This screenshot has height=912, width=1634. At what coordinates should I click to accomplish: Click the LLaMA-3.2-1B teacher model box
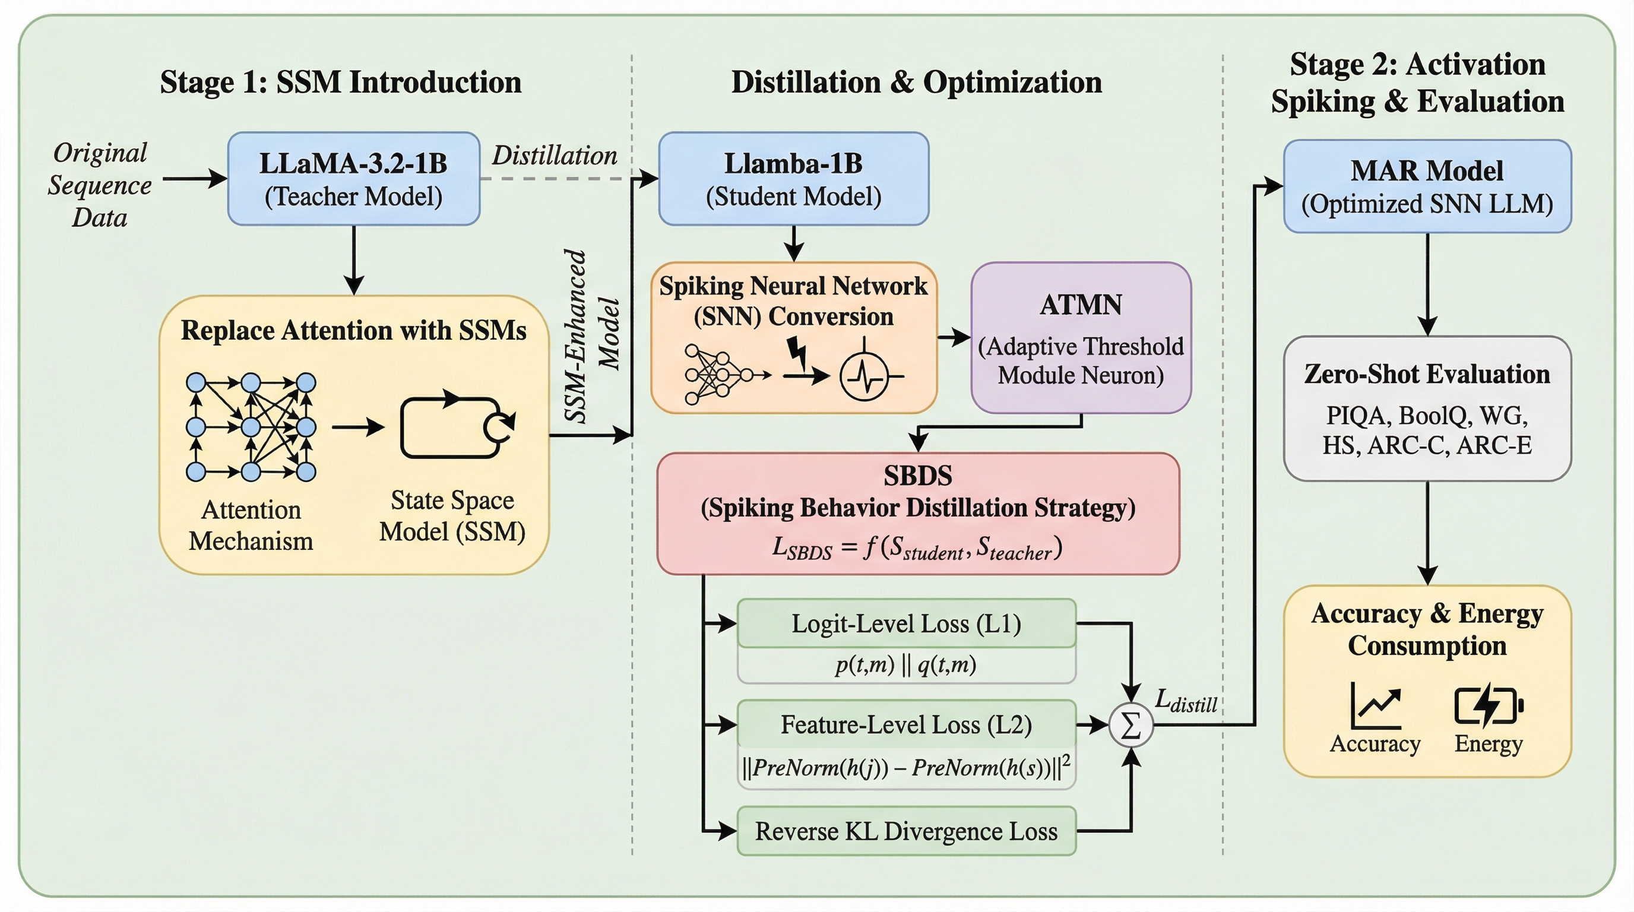[x=353, y=179]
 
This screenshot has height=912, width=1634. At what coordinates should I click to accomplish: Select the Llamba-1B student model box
[x=793, y=179]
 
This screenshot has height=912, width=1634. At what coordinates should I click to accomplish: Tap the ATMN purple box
[x=1081, y=337]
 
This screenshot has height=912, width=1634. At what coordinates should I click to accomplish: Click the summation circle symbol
[x=1130, y=725]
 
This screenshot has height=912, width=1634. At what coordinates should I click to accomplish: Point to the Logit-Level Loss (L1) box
[x=907, y=624]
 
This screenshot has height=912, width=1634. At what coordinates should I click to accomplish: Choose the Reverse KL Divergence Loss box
[x=907, y=831]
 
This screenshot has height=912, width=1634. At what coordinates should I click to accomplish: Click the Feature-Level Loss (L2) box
[x=907, y=725]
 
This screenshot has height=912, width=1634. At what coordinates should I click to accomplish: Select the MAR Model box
[x=1427, y=186]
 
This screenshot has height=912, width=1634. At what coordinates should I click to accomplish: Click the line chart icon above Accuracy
[x=1375, y=705]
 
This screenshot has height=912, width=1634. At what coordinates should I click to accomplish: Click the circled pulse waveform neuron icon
[x=864, y=376]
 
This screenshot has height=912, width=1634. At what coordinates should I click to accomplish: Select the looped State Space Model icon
[x=456, y=427]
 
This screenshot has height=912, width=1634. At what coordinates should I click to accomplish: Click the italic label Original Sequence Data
[x=100, y=185]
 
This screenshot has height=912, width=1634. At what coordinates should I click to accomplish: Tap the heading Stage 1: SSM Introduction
[x=341, y=83]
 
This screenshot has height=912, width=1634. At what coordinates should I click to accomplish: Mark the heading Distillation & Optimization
[x=916, y=83]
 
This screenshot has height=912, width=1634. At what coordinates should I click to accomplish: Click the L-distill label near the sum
[x=1186, y=701]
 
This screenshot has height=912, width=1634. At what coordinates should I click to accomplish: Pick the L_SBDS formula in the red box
[x=917, y=547]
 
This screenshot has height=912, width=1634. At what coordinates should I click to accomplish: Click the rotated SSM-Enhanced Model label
[x=591, y=335]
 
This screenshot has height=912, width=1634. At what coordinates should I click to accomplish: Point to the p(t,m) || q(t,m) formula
[x=906, y=664]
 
